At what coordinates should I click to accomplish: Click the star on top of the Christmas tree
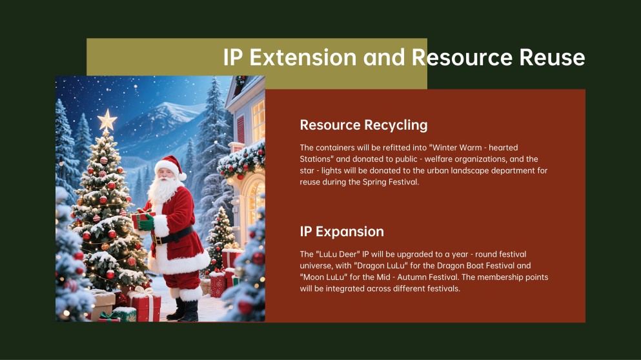click(x=107, y=121)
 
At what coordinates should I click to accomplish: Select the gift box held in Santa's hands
click(x=143, y=220)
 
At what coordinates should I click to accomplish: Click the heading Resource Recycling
click(x=363, y=125)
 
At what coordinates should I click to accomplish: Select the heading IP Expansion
click(x=341, y=231)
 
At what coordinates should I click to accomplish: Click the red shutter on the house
click(x=240, y=129)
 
